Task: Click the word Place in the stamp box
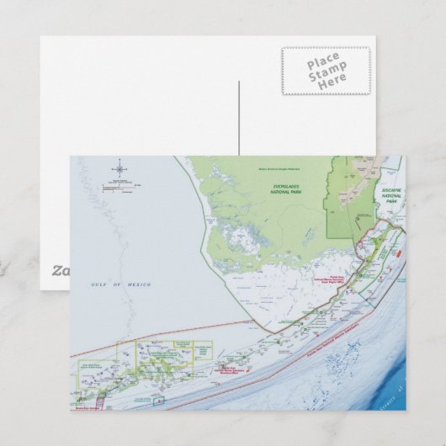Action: pos(324,63)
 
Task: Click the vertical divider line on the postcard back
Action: pos(239,118)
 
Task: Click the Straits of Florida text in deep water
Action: pos(396,396)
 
